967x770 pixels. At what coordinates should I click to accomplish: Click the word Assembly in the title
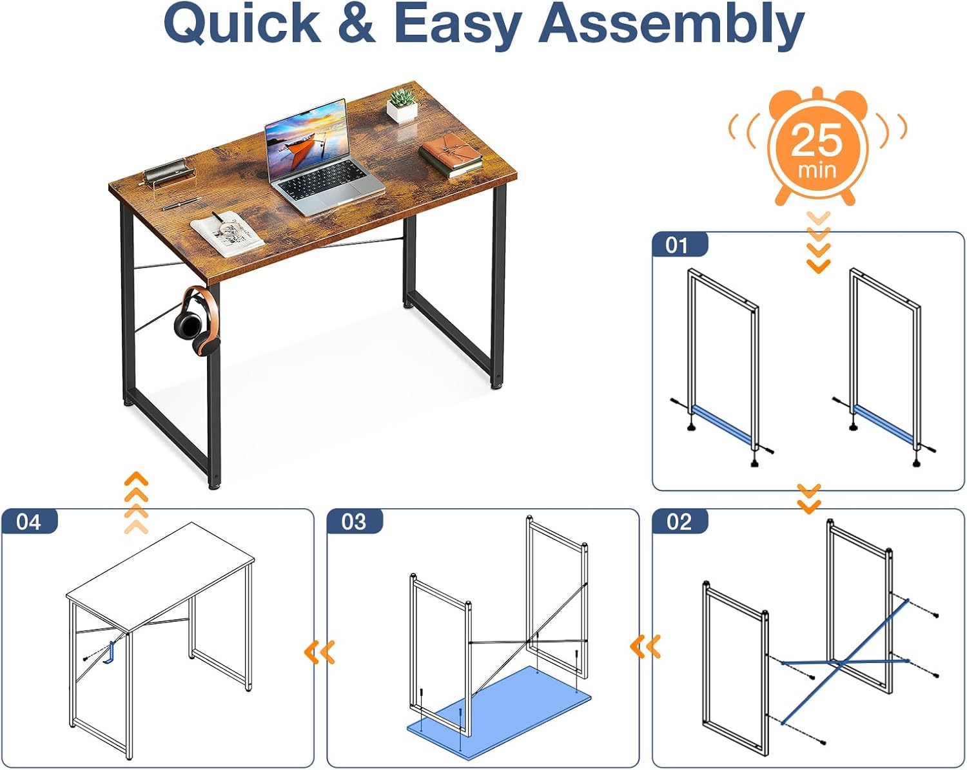click(x=672, y=25)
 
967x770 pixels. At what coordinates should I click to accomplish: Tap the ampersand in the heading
click(x=357, y=23)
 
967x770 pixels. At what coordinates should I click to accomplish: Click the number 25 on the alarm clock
click(x=817, y=140)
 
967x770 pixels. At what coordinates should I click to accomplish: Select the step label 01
click(x=677, y=245)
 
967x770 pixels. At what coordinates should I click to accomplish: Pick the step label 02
click(x=679, y=522)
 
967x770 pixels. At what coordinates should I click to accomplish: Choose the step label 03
click(x=354, y=522)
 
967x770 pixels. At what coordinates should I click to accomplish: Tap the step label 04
click(x=28, y=522)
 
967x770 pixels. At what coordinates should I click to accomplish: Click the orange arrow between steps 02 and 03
click(x=645, y=647)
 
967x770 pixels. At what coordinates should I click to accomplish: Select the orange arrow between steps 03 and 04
click(x=320, y=652)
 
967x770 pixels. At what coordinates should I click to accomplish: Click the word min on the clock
click(x=817, y=171)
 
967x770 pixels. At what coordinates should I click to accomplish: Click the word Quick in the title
click(x=242, y=25)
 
